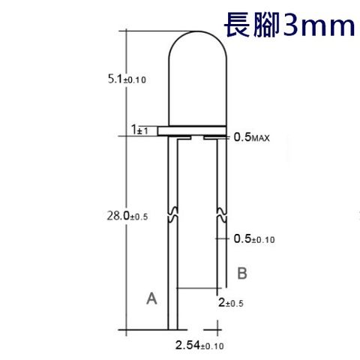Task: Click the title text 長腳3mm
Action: click(x=288, y=25)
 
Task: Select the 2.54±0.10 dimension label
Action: click(x=199, y=345)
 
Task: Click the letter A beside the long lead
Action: click(x=151, y=298)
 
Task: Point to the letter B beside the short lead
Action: click(x=242, y=273)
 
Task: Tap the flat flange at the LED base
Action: click(x=197, y=131)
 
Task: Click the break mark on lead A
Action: click(x=175, y=215)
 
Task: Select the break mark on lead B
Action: click(x=220, y=215)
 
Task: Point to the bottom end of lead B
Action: click(x=220, y=288)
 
